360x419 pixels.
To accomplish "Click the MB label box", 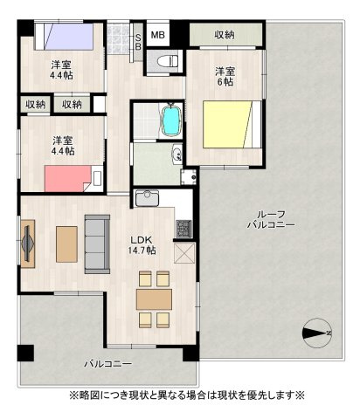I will click(x=157, y=35).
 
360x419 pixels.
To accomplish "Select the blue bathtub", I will click(x=171, y=120).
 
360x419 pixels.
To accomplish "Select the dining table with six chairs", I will click(x=155, y=299).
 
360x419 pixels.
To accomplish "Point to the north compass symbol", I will click(x=315, y=331).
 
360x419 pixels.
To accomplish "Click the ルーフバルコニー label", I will click(x=270, y=219).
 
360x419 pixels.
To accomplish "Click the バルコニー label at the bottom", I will click(x=107, y=362).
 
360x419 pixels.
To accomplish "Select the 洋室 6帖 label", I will click(x=225, y=76).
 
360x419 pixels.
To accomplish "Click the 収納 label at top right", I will click(x=224, y=35).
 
